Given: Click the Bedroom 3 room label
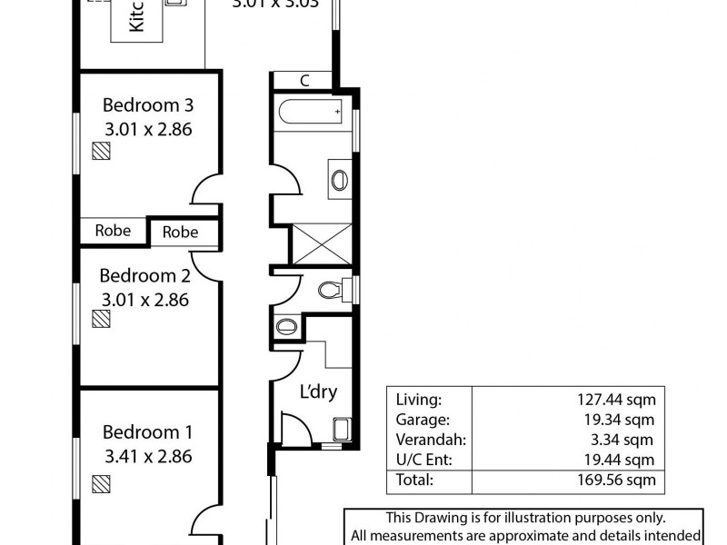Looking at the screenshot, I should [147, 104].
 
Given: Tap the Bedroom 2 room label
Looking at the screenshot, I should [145, 275].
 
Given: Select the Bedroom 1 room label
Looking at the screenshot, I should [147, 432].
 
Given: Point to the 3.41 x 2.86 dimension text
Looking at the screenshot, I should [147, 457].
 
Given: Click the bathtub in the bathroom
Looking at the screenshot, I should [312, 114].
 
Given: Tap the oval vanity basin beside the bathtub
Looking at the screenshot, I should [339, 179].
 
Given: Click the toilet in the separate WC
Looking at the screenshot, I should [332, 291].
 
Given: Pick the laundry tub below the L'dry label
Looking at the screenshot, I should [342, 430].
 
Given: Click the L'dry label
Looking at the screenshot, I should [319, 392].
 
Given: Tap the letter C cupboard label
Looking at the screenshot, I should [304, 81].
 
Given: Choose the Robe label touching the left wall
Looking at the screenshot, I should [113, 231].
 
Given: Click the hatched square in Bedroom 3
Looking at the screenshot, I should [101, 152].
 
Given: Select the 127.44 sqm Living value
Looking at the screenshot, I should [614, 399].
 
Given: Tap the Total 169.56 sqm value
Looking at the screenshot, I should [614, 480].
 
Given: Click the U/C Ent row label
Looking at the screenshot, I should [423, 460].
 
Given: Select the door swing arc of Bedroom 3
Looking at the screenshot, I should [205, 193].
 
